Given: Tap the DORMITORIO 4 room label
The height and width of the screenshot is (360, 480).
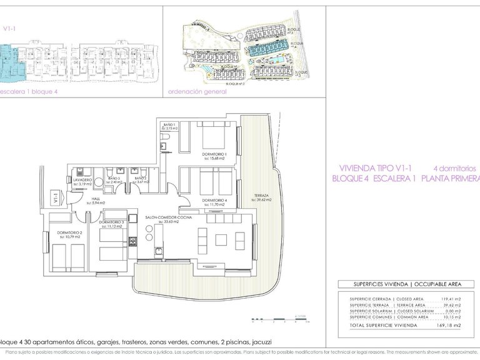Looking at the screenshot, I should click(x=213, y=200).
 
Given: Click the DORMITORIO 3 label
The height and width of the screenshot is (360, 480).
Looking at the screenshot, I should click(x=111, y=222).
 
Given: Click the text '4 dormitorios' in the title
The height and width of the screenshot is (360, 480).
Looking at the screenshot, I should click(x=454, y=169).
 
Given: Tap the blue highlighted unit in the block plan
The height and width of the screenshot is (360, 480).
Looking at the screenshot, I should click(x=11, y=62).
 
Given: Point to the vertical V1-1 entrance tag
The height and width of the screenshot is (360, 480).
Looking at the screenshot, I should click(x=56, y=199).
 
